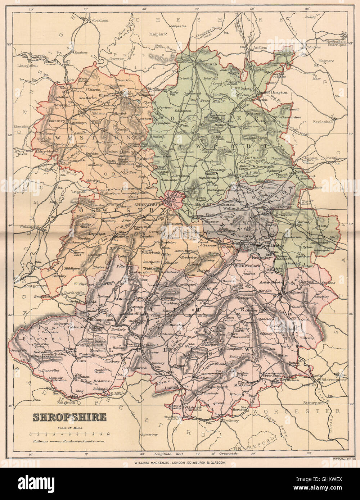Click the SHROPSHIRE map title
click(69, 417)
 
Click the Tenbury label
click(231, 421)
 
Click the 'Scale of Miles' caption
click(69, 427)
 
